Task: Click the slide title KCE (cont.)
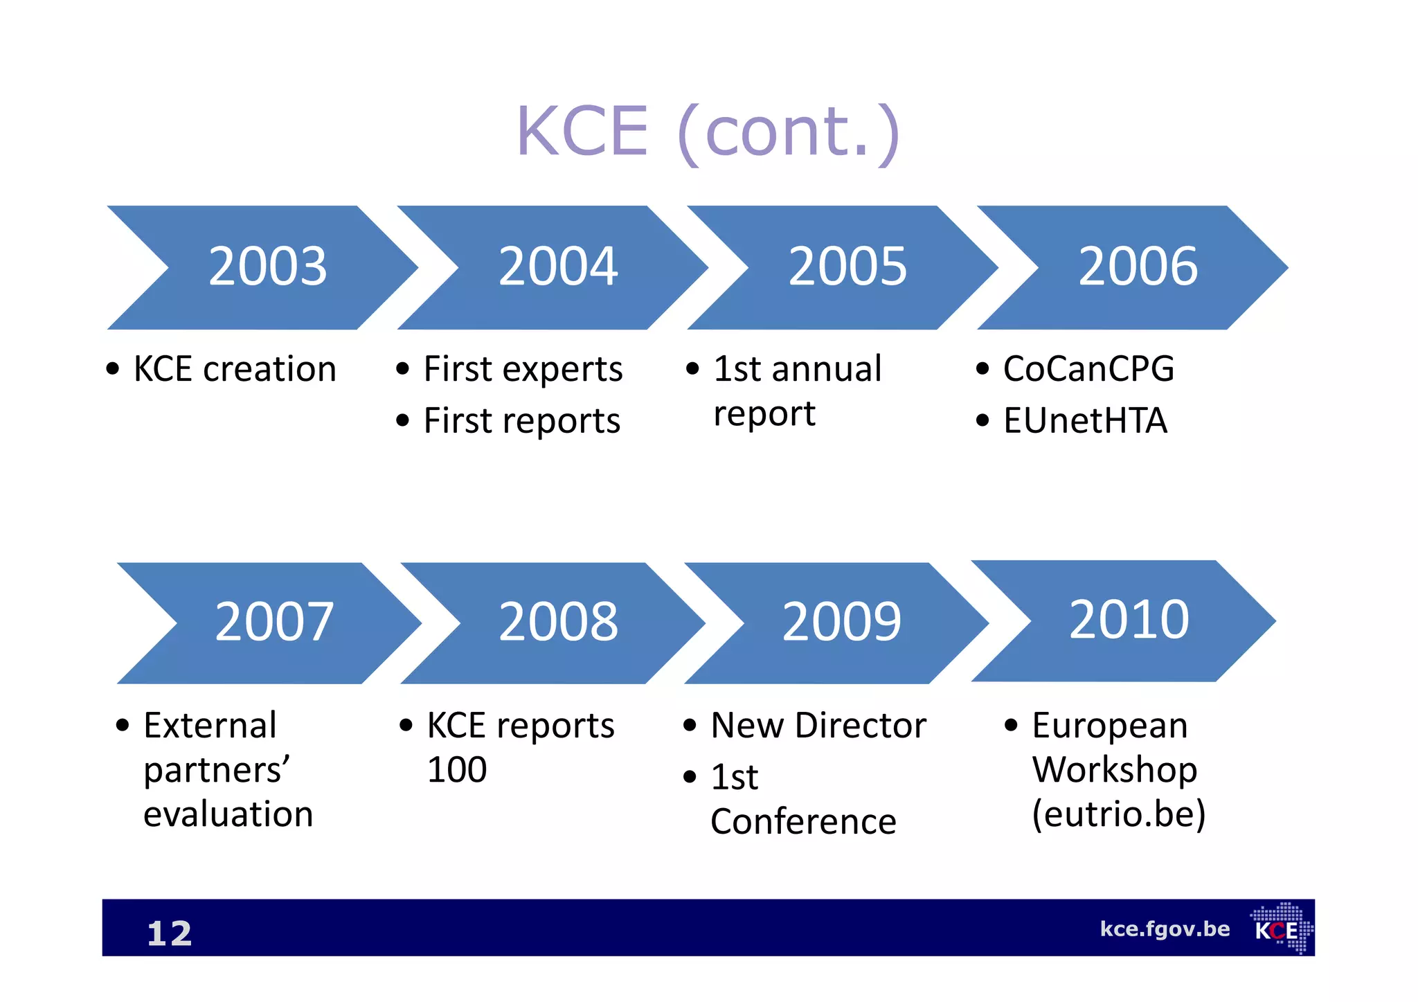[x=708, y=132]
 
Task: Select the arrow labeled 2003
[x=267, y=267]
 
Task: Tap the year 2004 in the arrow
[x=558, y=267]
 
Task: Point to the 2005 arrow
[x=847, y=267]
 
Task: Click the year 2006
[x=1138, y=267]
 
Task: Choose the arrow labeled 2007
[x=274, y=623]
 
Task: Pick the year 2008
[x=558, y=623]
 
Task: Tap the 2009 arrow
[x=841, y=623]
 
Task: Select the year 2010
[x=1129, y=620]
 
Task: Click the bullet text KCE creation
[x=235, y=369]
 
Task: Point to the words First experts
[x=523, y=369]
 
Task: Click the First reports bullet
[x=521, y=421]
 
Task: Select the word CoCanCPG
[x=1088, y=369]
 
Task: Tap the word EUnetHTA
[x=1085, y=421]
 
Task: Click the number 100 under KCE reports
[x=457, y=770]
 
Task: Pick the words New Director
[x=818, y=726]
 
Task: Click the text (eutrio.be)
[x=1118, y=814]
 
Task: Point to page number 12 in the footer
[x=169, y=933]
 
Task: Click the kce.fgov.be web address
[x=1165, y=929]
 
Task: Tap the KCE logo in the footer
[x=1281, y=929]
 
